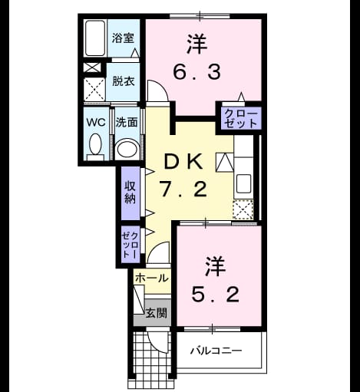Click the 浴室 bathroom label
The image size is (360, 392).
pos(123,38)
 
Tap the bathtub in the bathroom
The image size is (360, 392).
pos(95,38)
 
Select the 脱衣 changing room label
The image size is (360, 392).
pos(124,81)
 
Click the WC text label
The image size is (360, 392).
pos(96,123)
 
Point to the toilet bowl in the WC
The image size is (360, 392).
pos(95,144)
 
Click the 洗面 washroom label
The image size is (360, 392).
pos(127,122)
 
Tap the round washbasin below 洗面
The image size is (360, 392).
pos(127,149)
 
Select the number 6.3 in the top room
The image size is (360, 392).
pos(197,72)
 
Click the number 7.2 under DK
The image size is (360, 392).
pos(183,189)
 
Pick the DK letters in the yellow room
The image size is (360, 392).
pos(183,162)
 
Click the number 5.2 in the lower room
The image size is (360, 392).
pos(216,295)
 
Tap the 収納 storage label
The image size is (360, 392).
pos(130,193)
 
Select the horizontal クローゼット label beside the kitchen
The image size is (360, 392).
pos(241,119)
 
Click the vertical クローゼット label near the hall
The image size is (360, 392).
pos(130,245)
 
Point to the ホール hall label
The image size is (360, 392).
pos(152,278)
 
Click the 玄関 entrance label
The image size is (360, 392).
pos(157,313)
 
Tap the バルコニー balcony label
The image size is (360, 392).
pos(216,351)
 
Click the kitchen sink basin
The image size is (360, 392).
pos(243,183)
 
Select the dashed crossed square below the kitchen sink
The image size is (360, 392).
pos(243,209)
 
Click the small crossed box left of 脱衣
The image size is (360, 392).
pos(92,68)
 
